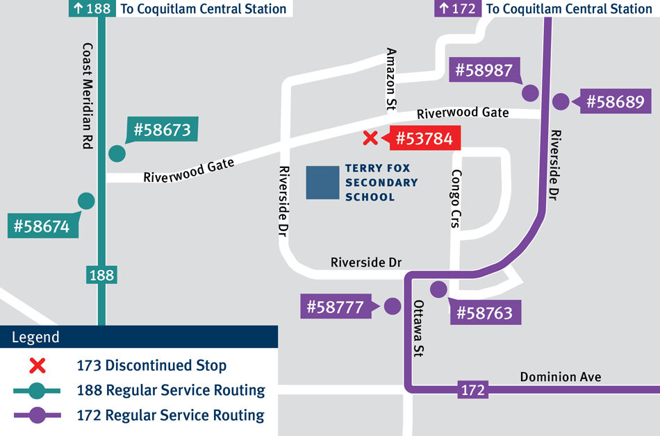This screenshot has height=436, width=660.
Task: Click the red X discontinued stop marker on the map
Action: tap(370, 138)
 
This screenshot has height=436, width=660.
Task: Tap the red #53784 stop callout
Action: tap(424, 139)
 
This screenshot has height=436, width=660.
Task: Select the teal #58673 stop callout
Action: tap(162, 130)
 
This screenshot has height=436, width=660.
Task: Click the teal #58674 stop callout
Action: tap(42, 226)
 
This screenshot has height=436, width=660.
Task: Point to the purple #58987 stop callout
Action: tap(484, 70)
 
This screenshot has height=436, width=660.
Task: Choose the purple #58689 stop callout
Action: tap(616, 102)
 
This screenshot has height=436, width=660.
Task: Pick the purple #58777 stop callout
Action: tap(336, 307)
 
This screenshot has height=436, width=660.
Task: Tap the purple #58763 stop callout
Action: tap(484, 313)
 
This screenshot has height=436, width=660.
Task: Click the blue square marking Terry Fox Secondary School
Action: tap(322, 183)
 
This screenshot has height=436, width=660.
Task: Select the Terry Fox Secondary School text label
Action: tap(381, 183)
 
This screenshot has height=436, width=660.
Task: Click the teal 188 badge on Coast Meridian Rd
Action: tap(101, 275)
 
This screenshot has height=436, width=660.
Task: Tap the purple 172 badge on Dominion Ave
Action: tap(472, 391)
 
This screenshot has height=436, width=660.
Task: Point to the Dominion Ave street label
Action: tap(561, 377)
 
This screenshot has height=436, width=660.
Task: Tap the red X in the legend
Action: tap(37, 365)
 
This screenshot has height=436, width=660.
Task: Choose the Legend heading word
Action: tap(36, 338)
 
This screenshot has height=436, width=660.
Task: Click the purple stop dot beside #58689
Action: tap(561, 102)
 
